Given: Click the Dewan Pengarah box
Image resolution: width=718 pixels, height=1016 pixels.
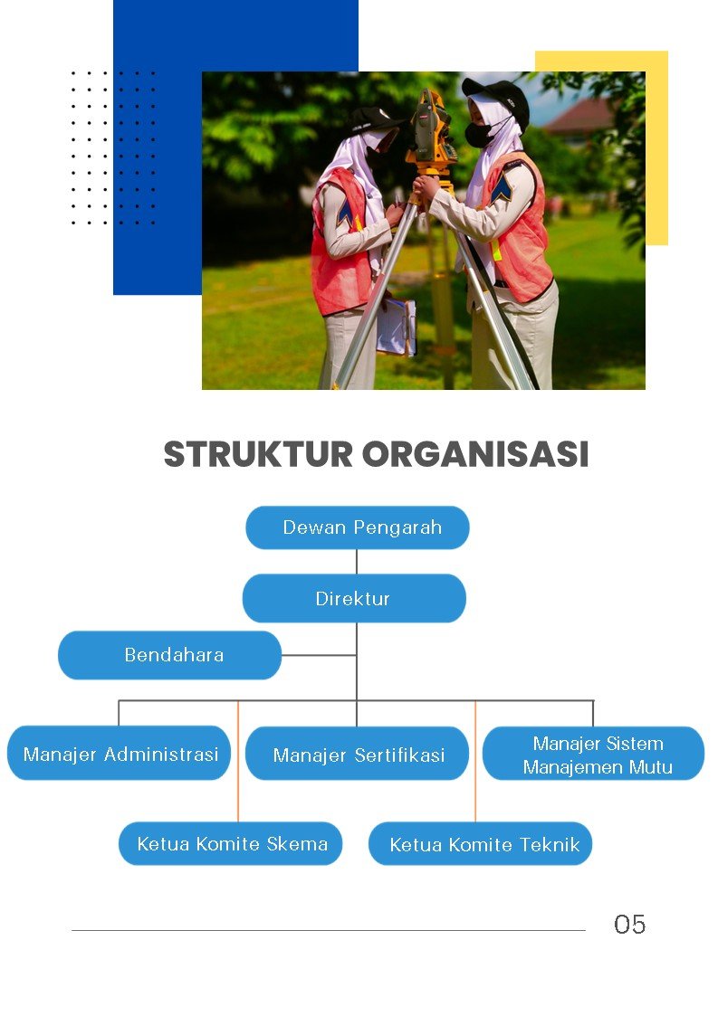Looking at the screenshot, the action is tap(358, 527).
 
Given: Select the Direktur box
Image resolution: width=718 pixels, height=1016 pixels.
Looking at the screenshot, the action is tap(354, 598).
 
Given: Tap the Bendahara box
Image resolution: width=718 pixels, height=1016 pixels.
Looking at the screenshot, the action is tap(170, 655).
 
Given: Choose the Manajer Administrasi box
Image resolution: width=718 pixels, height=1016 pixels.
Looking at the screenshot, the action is tap(119, 753).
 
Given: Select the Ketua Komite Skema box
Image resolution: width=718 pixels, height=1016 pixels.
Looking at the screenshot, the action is tap(230, 843).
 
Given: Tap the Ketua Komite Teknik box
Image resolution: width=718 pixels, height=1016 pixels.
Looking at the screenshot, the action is tap(480, 843).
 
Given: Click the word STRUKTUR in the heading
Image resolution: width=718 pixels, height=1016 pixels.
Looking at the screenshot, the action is tap(258, 454).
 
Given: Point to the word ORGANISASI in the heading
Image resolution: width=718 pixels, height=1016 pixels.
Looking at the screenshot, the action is tap(475, 454).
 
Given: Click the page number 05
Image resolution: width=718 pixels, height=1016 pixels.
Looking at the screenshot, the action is tap(630, 925).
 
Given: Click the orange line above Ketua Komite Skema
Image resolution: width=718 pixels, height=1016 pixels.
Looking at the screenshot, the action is tap(238, 762).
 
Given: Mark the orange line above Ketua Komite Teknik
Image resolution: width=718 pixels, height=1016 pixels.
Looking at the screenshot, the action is tap(475, 762).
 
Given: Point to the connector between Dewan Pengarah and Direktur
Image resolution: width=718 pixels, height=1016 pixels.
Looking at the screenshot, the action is tap(357, 562).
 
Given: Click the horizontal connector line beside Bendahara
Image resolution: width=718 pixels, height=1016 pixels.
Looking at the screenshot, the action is tap(319, 655).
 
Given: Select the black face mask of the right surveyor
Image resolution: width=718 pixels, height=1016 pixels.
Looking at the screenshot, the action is tap(481, 134).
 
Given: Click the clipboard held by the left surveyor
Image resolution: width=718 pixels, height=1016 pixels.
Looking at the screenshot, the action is tap(396, 328).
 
